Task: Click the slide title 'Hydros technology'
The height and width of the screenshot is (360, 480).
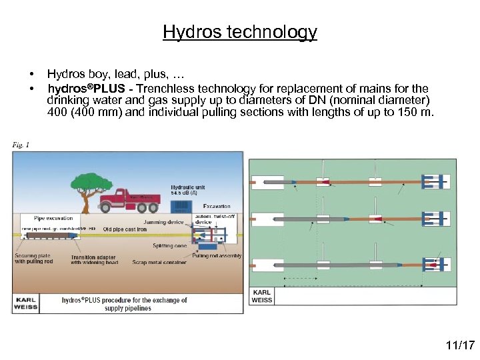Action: (x=240, y=32)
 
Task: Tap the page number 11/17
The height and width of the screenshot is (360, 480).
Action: (x=460, y=345)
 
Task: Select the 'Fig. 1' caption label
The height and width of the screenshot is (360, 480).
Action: (x=21, y=144)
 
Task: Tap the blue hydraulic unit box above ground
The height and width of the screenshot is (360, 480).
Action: (x=181, y=206)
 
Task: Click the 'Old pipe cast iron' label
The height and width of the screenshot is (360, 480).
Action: (x=125, y=229)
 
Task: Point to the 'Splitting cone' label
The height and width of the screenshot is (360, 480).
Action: (x=171, y=246)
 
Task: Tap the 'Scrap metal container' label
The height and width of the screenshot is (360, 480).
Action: (x=160, y=262)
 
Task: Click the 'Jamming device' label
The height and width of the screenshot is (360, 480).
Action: (x=163, y=222)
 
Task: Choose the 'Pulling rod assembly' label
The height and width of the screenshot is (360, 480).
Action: (x=217, y=256)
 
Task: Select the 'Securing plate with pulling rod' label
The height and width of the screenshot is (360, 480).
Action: (x=33, y=259)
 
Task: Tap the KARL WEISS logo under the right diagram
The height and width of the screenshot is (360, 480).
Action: (x=261, y=296)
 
